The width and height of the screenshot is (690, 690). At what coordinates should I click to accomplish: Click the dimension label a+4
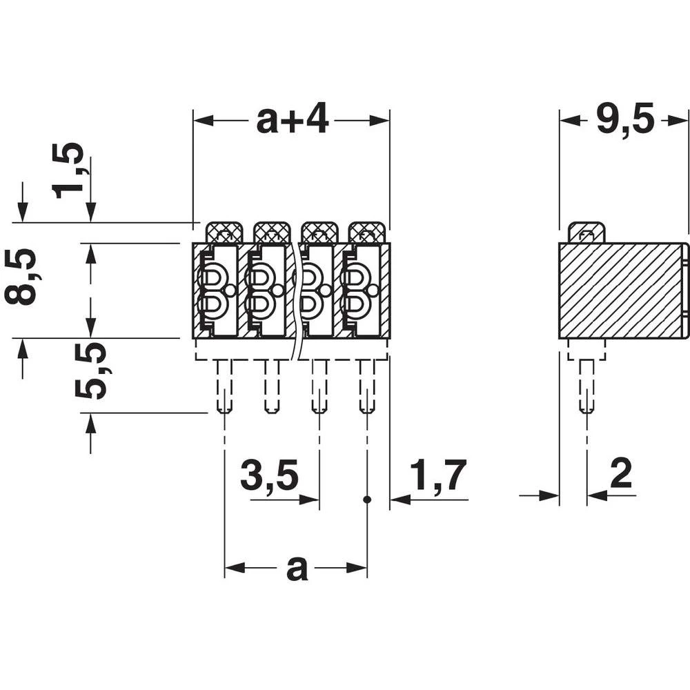(x=292, y=121)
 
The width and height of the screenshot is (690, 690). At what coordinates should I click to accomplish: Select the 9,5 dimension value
(x=624, y=121)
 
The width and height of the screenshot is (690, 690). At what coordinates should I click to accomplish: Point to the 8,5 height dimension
(x=21, y=277)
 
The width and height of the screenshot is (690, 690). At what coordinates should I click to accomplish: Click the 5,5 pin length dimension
(x=92, y=371)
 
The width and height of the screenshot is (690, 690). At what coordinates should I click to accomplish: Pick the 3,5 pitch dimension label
(x=269, y=476)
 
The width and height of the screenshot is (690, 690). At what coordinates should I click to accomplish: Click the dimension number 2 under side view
(x=621, y=475)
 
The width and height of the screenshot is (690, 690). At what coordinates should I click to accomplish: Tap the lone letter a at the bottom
(x=297, y=569)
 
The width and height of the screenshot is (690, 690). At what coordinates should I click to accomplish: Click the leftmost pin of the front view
(x=224, y=386)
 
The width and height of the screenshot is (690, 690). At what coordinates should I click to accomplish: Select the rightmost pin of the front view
(x=367, y=386)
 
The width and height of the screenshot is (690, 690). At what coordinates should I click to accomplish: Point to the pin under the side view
(x=586, y=386)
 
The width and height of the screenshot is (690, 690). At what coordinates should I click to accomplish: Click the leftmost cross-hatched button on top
(x=224, y=232)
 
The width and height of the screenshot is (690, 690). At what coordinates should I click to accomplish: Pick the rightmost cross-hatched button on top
(x=367, y=232)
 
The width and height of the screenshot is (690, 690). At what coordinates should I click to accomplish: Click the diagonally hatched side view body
(x=621, y=290)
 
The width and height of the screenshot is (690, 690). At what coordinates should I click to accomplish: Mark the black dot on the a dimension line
(x=367, y=499)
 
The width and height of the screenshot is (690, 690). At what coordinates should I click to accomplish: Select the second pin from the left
(x=272, y=386)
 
